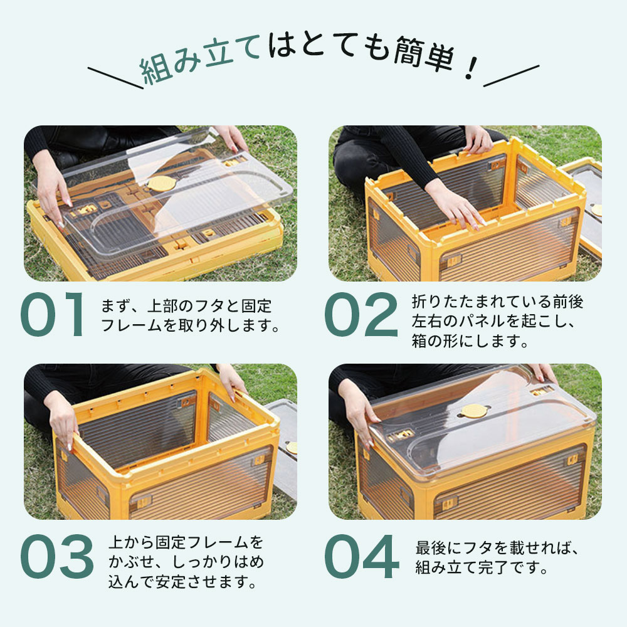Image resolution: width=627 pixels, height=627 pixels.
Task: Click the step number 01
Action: click(x=52, y=314)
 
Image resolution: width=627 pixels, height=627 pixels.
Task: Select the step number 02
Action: click(x=361, y=314)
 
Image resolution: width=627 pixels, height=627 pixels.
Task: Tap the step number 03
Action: click(x=57, y=556)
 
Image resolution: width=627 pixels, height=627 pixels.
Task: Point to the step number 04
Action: click(x=362, y=556)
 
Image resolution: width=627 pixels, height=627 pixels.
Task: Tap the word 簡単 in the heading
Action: click(x=424, y=55)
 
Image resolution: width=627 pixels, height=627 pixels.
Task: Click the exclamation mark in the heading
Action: click(x=472, y=68)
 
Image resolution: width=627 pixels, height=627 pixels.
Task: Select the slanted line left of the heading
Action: click(x=115, y=78)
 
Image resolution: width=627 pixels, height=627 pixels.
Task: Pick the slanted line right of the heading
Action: click(x=511, y=76)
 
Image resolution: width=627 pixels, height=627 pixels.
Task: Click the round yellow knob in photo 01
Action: click(x=162, y=183)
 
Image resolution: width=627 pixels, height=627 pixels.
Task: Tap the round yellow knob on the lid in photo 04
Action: click(x=475, y=411)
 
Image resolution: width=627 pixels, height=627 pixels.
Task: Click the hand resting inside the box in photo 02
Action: click(x=456, y=204)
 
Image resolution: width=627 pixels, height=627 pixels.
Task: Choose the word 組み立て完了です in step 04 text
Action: click(x=481, y=567)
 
